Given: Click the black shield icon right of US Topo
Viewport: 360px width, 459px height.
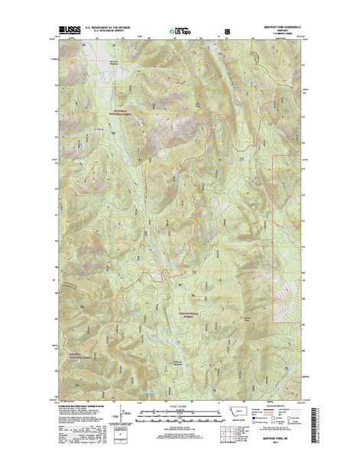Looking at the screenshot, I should [227, 31].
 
